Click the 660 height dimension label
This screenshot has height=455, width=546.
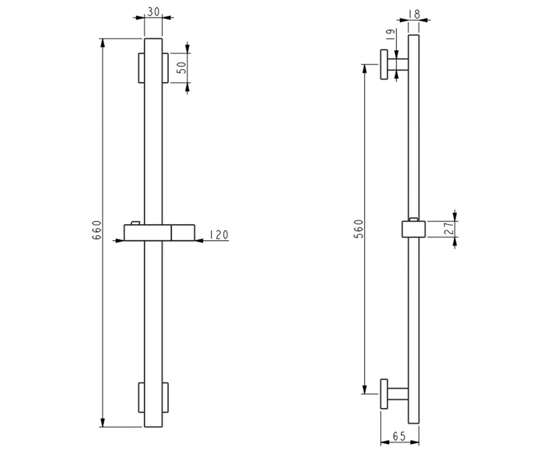point(97,230)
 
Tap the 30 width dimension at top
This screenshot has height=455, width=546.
point(153,12)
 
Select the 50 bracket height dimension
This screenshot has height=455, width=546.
point(182,68)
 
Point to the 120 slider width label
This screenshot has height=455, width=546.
point(219,235)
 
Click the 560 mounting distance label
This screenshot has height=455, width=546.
point(359,229)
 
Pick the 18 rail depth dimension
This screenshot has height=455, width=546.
point(414,14)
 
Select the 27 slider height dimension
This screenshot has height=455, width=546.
point(449,228)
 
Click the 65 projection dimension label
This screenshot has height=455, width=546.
point(399,436)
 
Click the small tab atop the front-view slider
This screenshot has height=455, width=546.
point(136,223)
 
